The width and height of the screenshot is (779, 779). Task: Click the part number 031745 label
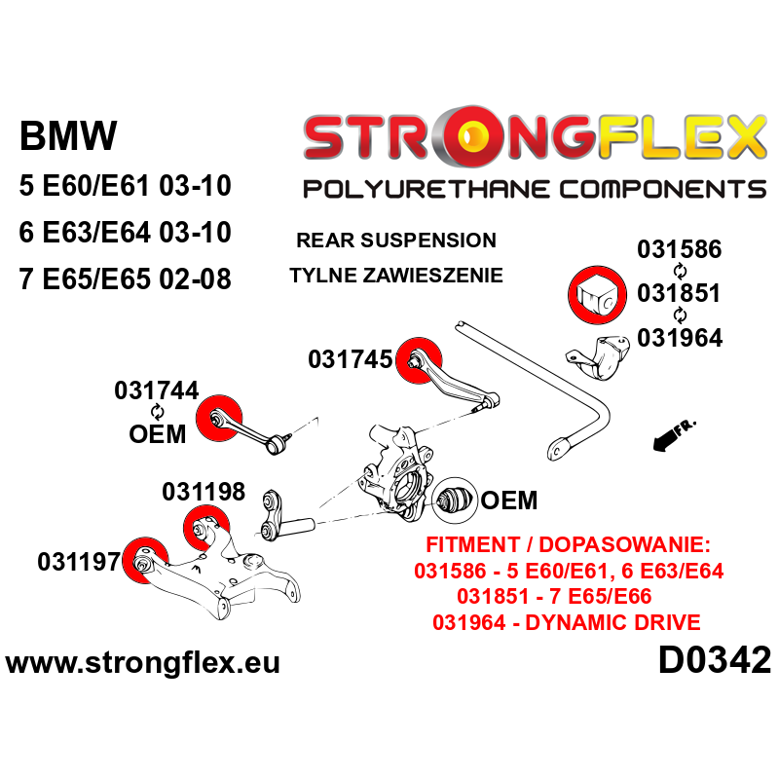[351, 359]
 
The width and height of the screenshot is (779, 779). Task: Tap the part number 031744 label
[157, 390]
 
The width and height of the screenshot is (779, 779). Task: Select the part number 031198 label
[204, 492]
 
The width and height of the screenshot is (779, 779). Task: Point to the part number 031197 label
[79, 562]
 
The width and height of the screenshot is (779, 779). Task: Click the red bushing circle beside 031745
[420, 360]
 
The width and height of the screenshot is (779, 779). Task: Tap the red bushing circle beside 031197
[145, 560]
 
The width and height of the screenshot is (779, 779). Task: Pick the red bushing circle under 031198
[206, 528]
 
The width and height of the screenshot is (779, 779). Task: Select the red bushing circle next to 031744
[218, 418]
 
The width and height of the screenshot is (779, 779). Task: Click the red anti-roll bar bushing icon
[597, 295]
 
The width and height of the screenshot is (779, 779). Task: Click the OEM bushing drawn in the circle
[455, 501]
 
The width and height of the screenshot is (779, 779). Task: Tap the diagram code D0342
[715, 660]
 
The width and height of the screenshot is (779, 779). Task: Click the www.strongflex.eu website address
[142, 663]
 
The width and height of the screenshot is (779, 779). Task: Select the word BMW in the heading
[68, 135]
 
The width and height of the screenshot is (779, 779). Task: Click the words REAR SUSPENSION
[396, 241]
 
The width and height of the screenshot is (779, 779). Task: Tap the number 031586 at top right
[679, 249]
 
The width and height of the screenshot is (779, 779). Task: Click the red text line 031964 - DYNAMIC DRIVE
[567, 622]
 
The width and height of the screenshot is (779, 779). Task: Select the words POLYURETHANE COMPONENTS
[535, 189]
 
